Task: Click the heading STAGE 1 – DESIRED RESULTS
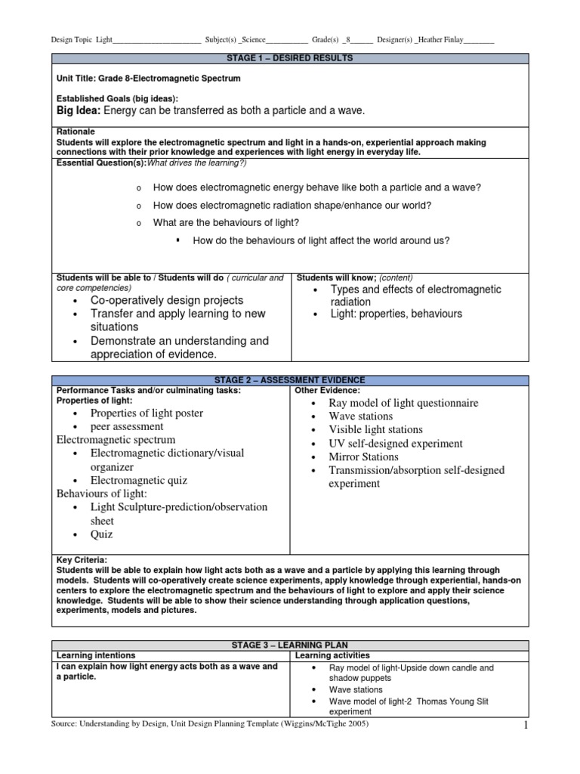pos(290,57)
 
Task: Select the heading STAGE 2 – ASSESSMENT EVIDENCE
pos(290,379)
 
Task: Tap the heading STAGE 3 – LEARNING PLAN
pos(290,645)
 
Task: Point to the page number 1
pos(523,726)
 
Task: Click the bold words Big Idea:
pos(79,111)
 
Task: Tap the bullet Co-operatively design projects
pos(166,300)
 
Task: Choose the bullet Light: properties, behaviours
pos(396,314)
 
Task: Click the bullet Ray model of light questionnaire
pos(403,403)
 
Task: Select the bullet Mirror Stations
pos(363,457)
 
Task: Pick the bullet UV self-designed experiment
pos(396,444)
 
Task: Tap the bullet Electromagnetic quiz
pos(139,480)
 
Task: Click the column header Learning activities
pos(332,655)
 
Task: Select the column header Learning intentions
pos(96,655)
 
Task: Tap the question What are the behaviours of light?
pos(226,222)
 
